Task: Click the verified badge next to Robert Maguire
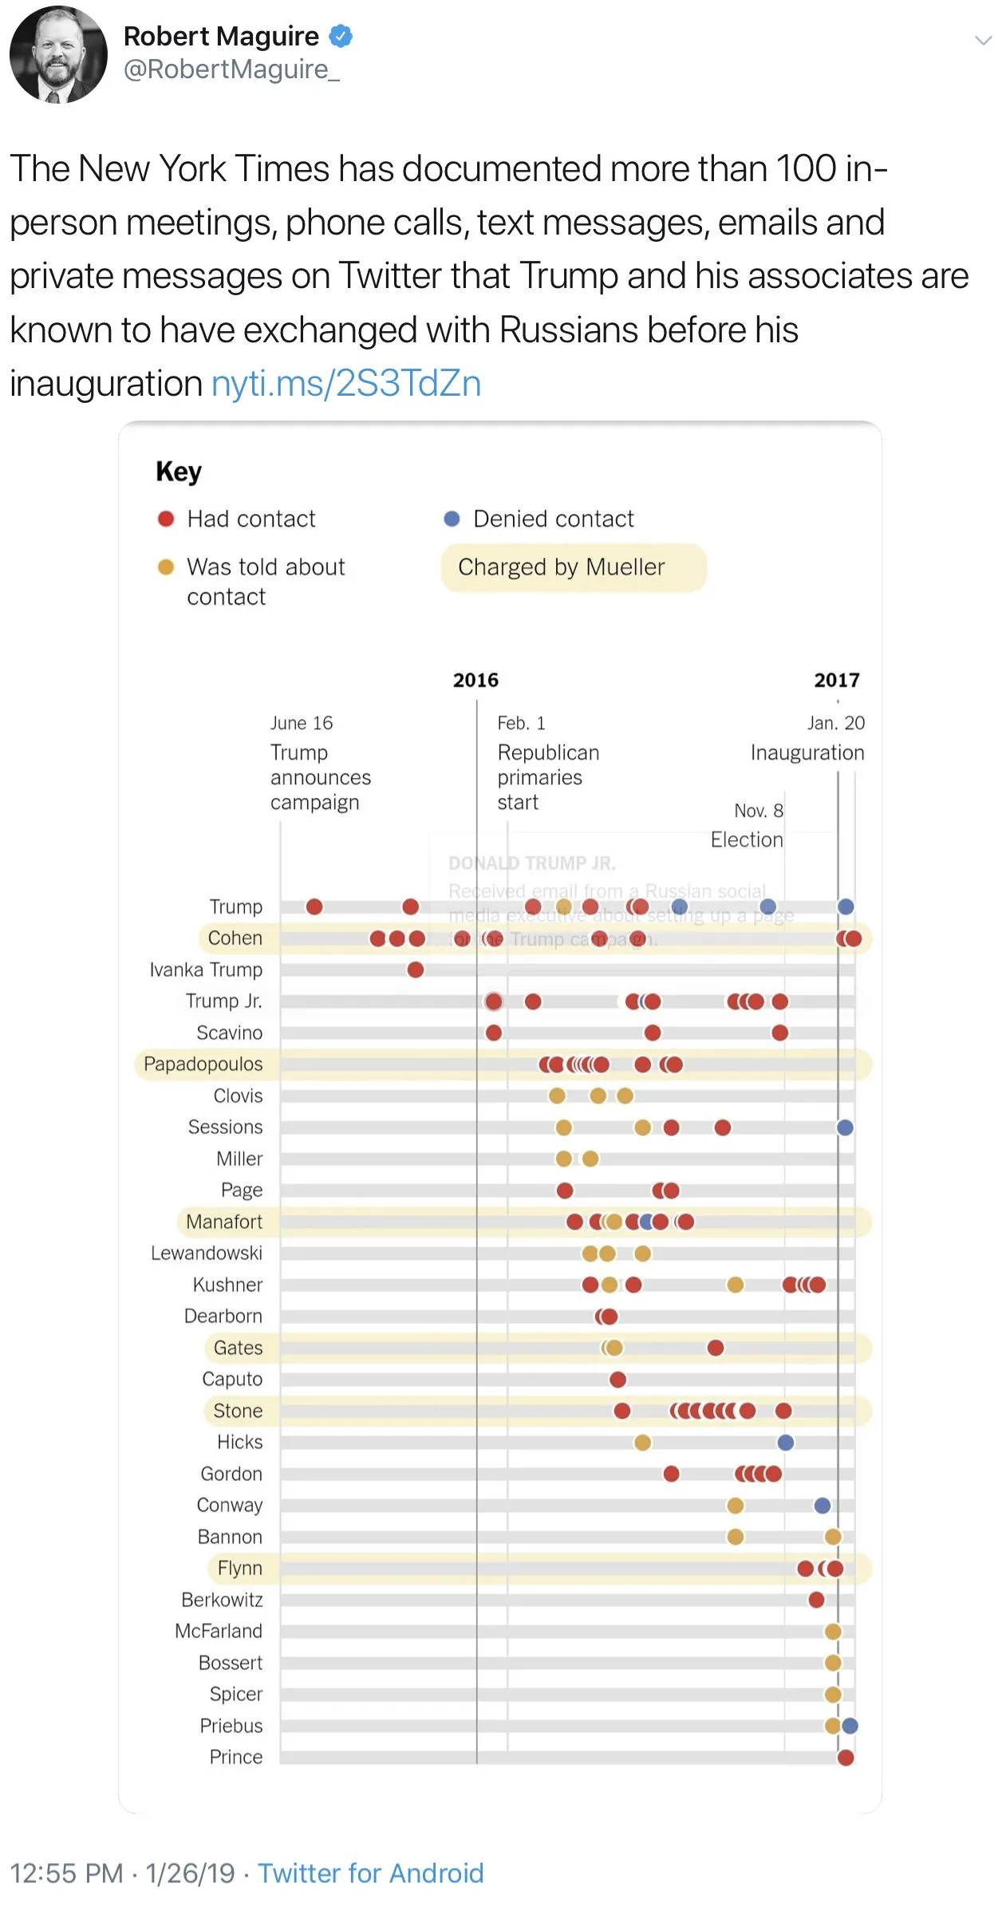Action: tap(341, 36)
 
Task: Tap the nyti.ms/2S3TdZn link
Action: tap(346, 384)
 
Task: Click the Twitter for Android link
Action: tap(370, 1873)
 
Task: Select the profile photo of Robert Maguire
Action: tap(58, 54)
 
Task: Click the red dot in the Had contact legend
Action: tap(166, 519)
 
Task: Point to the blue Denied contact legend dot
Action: tap(452, 519)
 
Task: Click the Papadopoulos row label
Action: tap(203, 1064)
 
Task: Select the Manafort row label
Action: tap(224, 1222)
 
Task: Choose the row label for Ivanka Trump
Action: tap(206, 969)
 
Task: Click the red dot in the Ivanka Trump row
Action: tap(416, 969)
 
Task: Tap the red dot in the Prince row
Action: tap(846, 1757)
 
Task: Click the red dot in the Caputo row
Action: tap(617, 1379)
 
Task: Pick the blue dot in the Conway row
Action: tap(823, 1505)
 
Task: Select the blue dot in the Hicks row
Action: tap(786, 1442)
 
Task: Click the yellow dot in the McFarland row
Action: tap(833, 1631)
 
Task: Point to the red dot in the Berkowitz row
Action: tap(816, 1600)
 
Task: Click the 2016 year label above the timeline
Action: tap(475, 680)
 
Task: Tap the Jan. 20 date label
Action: tap(835, 723)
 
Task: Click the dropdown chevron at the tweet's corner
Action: tap(983, 41)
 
